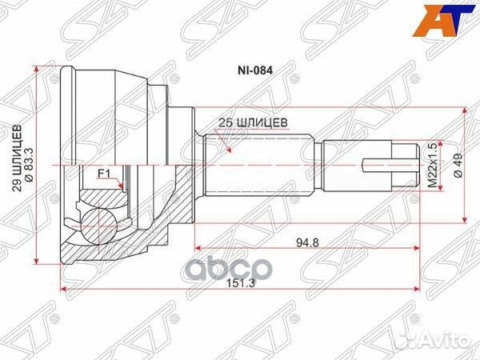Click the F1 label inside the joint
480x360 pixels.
coord(103,173)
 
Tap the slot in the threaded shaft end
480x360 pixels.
coord(381,166)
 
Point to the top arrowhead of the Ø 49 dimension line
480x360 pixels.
coord(466,110)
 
